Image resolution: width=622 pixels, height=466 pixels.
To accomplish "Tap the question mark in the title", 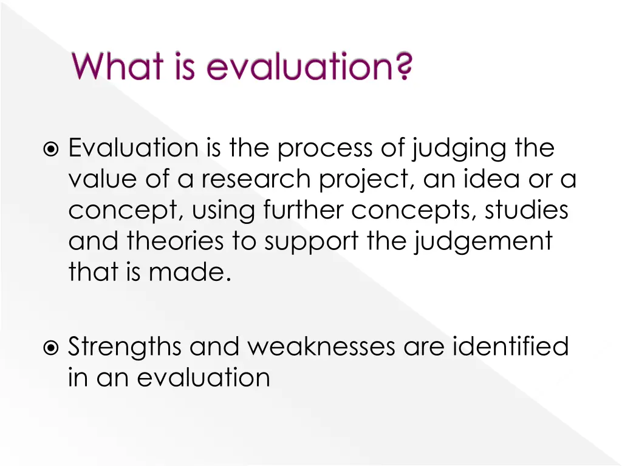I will (403, 67).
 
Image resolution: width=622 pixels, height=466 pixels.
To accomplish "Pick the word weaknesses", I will (321, 348).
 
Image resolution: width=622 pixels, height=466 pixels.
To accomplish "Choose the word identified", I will (511, 347).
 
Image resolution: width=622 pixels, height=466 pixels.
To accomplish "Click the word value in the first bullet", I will (101, 180).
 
